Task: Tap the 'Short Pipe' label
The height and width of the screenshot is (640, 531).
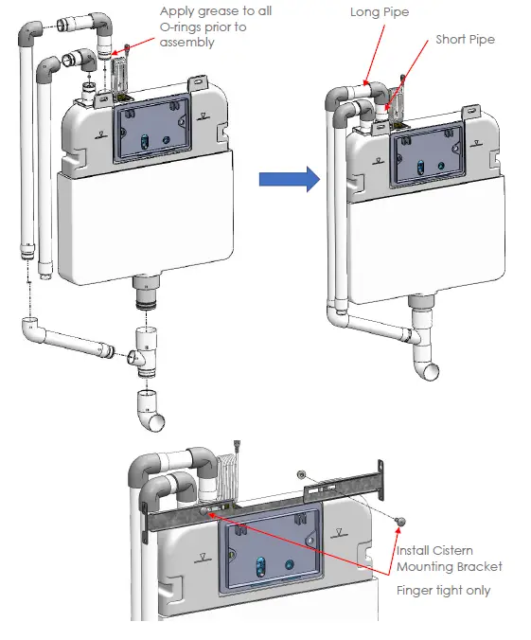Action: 465,40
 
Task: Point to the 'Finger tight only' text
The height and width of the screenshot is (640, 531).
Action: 443,589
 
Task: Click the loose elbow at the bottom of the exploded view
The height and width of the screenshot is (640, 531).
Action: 149,410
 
